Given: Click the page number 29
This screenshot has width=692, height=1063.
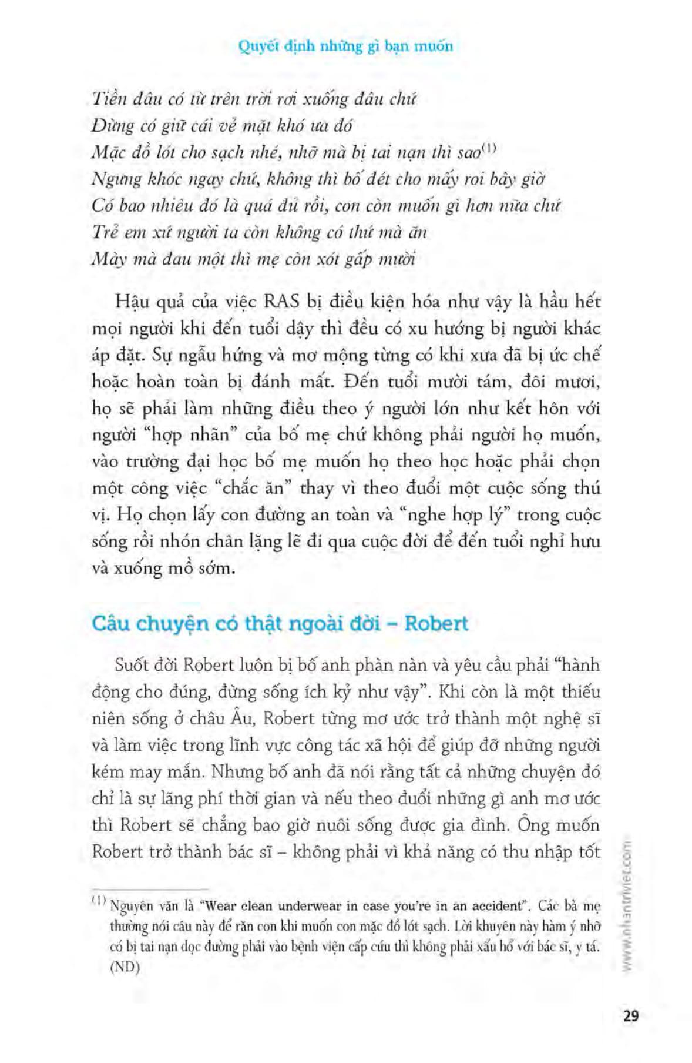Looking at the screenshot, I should point(629,1015).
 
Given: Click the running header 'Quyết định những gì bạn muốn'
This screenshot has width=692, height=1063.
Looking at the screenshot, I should point(345,46).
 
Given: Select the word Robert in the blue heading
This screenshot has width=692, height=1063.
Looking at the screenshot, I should point(436,623).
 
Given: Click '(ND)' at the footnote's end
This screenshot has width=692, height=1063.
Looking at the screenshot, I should point(125,968).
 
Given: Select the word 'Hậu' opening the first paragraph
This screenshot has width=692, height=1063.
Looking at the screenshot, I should point(131,302).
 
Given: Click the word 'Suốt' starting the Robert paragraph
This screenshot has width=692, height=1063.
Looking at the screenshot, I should point(133,666).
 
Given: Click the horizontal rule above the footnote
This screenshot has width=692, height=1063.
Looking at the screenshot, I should point(150,889).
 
